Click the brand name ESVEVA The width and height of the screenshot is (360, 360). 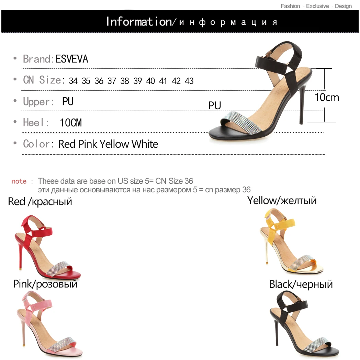tap(72, 59)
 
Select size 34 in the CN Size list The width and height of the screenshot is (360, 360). tap(73, 81)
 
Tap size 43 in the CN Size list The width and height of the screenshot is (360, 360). tap(189, 81)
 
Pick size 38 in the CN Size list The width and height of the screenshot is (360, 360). tap(125, 81)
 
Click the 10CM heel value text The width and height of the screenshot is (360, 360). tap(71, 123)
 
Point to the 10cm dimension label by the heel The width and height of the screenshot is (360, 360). tap(327, 98)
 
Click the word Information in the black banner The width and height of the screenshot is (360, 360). tap(138, 21)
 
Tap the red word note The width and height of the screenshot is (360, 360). tap(19, 181)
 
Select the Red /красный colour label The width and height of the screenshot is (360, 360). tap(40, 201)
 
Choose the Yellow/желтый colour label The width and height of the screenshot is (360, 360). tap(282, 200)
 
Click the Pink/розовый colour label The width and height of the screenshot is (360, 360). tap(45, 284)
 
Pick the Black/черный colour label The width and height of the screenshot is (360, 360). tap(301, 284)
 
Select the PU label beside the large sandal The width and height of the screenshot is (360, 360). tap(215, 105)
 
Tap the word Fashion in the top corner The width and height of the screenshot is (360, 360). tap(290, 6)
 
